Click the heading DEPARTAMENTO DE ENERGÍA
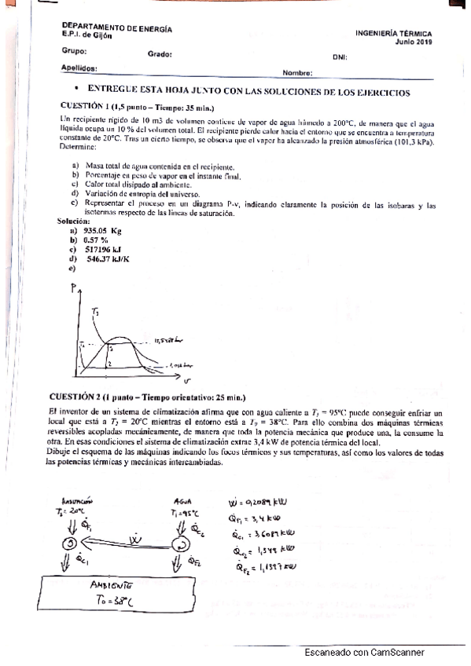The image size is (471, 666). click(x=116, y=29)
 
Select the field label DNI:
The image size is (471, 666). click(x=340, y=57)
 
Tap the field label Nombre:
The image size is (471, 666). click(x=297, y=73)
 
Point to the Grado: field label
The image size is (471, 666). click(x=160, y=54)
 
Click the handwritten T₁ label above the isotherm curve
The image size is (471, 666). click(x=95, y=313)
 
